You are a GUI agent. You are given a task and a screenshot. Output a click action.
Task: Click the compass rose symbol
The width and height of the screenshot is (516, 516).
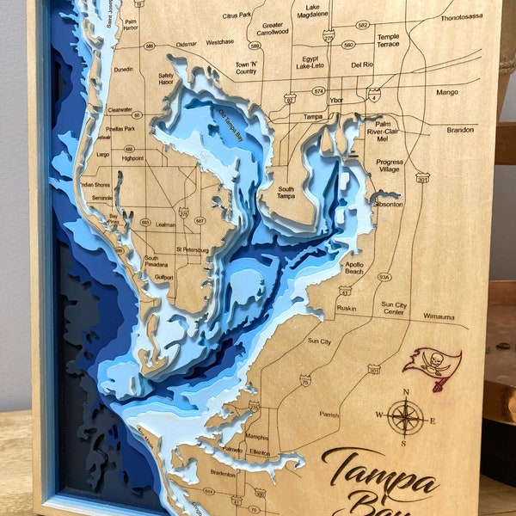pos(405,418)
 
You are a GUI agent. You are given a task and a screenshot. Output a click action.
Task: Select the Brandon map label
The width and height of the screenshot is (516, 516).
pos(460,130)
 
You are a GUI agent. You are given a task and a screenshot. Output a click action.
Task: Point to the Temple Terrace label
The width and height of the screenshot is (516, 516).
pos(388,40)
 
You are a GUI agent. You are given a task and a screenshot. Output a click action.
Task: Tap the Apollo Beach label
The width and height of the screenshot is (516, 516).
pos(353,269)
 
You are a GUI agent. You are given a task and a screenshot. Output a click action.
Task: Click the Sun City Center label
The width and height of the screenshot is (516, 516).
pos(393,308)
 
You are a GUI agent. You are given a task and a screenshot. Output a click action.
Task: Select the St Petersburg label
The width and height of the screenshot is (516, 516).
pos(193,249)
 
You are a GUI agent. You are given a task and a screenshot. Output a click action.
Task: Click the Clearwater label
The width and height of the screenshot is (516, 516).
pos(120,110)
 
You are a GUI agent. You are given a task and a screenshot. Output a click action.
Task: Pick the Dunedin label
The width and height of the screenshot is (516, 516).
pos(123,70)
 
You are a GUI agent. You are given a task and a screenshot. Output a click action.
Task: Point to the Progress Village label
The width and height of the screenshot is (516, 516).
pos(390,166)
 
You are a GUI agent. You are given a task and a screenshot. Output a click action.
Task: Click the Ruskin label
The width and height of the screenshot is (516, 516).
pos(347,308)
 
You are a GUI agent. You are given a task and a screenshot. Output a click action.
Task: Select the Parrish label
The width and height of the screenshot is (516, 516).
pos(329,415)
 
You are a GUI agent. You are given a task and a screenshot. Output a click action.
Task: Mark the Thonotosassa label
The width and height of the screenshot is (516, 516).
pos(462,17)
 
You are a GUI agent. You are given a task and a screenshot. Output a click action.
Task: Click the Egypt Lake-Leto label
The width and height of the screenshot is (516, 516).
pos(310,60)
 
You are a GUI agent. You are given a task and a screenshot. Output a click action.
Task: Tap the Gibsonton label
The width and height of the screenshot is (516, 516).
pos(388,204)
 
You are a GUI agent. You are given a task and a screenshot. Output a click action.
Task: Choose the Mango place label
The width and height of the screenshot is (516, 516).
pos(447,92)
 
